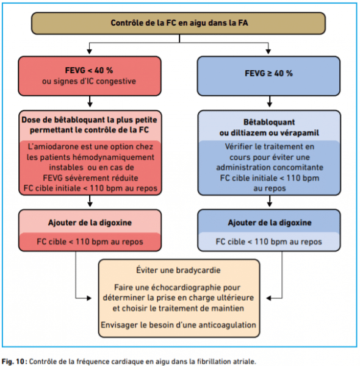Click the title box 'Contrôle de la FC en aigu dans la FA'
click(x=178, y=23)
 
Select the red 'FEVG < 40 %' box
click(x=90, y=76)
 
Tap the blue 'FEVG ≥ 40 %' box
click(x=268, y=76)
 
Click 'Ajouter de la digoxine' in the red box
click(x=90, y=223)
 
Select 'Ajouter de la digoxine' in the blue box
click(x=270, y=223)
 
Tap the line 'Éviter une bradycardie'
click(x=178, y=270)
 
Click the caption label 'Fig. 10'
click(x=14, y=361)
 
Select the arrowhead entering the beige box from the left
click(x=89, y=298)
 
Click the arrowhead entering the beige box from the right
click(x=269, y=298)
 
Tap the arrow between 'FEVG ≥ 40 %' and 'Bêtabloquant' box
click(x=270, y=101)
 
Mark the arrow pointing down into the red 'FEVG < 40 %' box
click(x=90, y=48)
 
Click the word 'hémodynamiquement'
click(x=113, y=157)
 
